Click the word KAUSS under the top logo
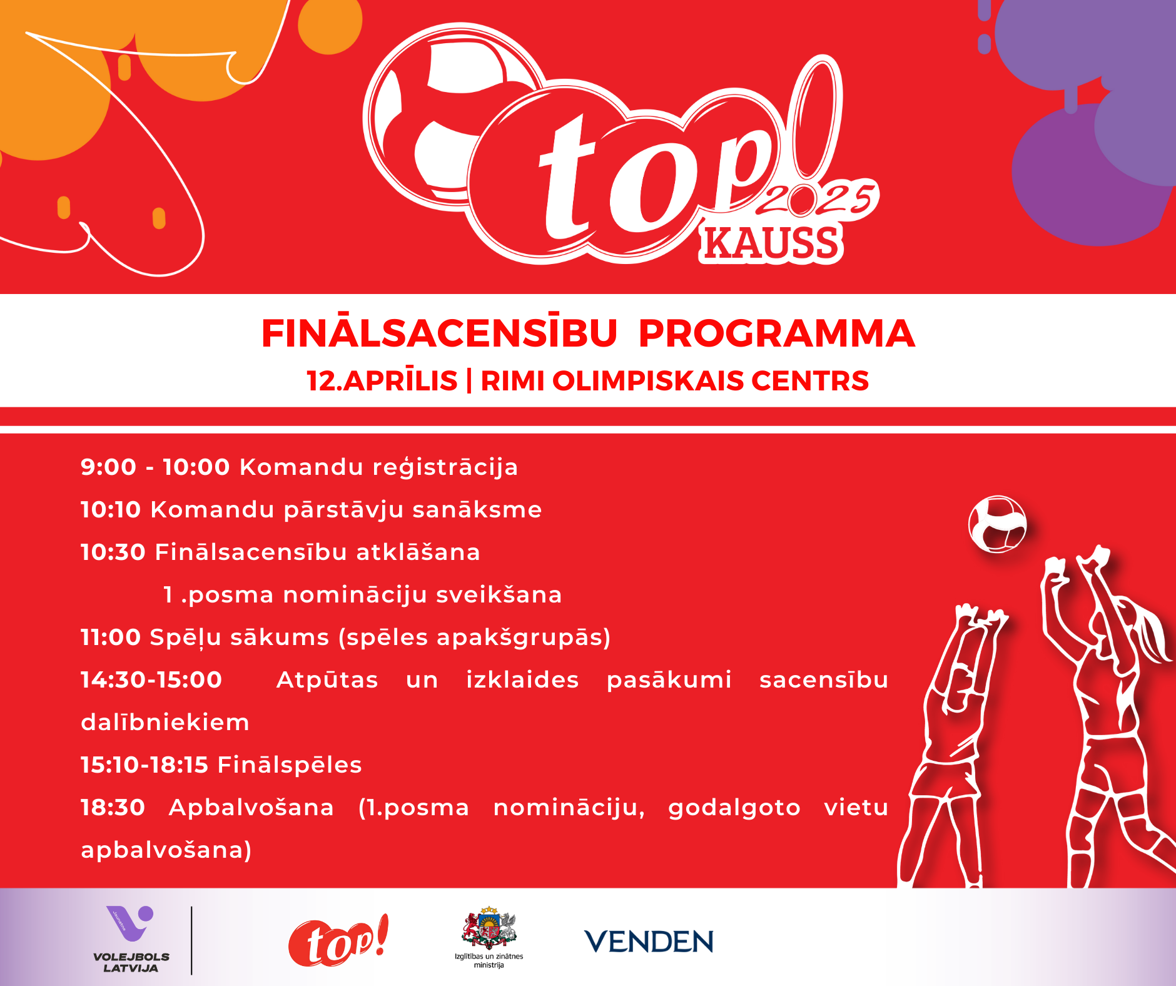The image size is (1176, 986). pos(771,243)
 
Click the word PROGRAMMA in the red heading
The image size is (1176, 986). pos(777,333)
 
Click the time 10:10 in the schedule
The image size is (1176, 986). pos(111,509)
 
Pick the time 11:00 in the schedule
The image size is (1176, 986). pos(111,637)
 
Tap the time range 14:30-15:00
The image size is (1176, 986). pos(151,679)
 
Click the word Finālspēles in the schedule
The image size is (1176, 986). pos(290,765)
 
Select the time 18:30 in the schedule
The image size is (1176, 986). pos(113,807)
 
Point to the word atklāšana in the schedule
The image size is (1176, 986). pos(418,552)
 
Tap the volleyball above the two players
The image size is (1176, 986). pos(998,524)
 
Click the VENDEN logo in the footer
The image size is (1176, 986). pos(649,942)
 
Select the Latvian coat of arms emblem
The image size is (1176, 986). pos(489,927)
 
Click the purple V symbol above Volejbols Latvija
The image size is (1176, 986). pos(129,923)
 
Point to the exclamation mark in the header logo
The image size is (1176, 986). pos(817,123)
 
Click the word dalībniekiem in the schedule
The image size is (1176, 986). pos(165,722)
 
